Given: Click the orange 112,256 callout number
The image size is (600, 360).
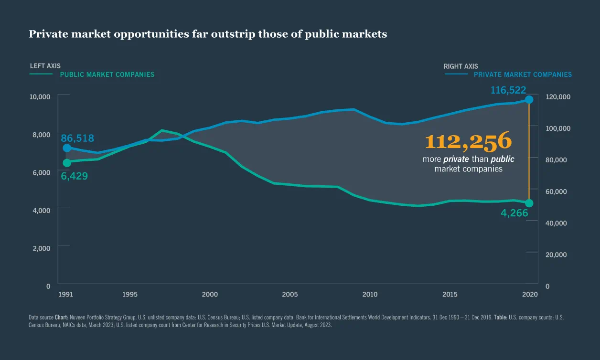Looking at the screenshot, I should [x=468, y=142].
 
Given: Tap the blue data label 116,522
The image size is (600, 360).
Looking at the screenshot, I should [x=508, y=90].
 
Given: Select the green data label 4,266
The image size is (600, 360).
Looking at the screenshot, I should [x=514, y=213].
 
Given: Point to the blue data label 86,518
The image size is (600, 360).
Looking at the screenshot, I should [x=77, y=138].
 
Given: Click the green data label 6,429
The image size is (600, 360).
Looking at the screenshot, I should [x=75, y=176].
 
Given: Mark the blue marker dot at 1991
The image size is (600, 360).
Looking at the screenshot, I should [x=67, y=148].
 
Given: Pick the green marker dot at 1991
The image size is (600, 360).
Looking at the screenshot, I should [x=67, y=163].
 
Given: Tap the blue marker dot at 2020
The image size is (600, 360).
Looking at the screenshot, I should [x=529, y=100].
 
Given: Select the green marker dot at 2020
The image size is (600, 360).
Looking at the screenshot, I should [x=529, y=203].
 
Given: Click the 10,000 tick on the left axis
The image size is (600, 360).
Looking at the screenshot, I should [x=40, y=96].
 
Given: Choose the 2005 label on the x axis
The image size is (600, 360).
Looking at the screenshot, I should [x=289, y=295].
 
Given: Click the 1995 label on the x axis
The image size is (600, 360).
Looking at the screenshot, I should [x=130, y=295].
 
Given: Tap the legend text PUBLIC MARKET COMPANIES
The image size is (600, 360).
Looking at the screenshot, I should [x=107, y=74].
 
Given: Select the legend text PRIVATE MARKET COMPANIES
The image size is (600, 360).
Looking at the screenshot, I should [x=523, y=74].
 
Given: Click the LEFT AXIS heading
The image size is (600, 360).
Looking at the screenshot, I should [x=45, y=66].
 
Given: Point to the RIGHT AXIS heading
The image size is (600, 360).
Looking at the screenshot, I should [x=461, y=66].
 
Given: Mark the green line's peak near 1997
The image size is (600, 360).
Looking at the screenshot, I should [x=162, y=130].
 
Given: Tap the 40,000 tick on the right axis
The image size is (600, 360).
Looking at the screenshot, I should [x=556, y=223].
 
